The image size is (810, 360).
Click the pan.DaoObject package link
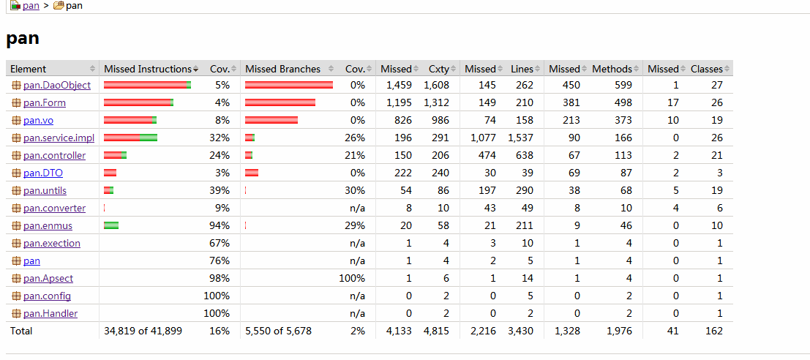[56, 86]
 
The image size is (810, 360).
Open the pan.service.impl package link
[59, 138]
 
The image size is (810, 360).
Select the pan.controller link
[54, 155]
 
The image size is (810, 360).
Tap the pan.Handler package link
[50, 313]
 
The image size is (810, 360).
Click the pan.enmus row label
[48, 225]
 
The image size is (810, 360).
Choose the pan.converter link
[55, 208]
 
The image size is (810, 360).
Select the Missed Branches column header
[282, 69]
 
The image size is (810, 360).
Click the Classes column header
[706, 69]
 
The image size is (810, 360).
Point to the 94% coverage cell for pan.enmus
[220, 225]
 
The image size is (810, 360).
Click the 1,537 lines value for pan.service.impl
[520, 138]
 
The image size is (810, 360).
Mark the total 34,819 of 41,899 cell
[143, 331]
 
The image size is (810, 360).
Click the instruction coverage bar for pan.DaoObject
[147, 86]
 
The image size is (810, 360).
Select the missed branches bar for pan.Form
[280, 102]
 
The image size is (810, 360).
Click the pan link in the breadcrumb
[30, 6]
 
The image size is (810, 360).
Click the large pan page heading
[22, 38]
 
